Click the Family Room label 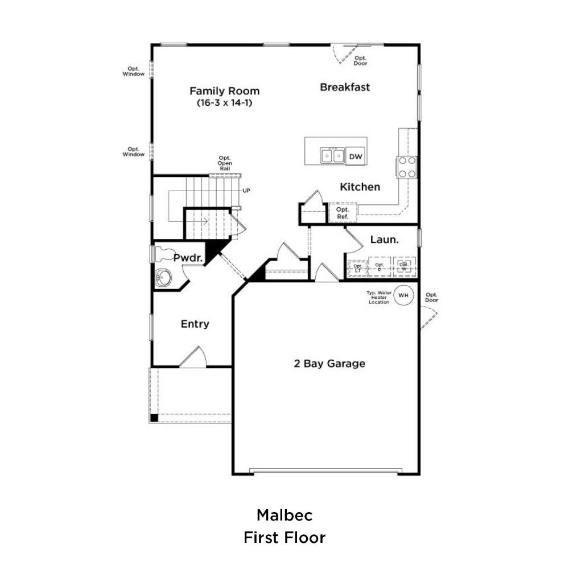point(224,91)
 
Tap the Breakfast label point(345,87)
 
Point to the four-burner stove point(407,167)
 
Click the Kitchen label point(360,187)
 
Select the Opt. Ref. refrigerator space point(343,212)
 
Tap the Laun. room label point(384,240)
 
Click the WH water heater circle point(403,295)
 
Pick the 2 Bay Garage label point(329,364)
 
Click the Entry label point(195,324)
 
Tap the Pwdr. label point(188,258)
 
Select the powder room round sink point(164,278)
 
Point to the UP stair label point(246,191)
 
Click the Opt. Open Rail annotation point(225,163)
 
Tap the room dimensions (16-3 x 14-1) point(224,103)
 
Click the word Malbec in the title point(284,516)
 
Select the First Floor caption point(284,537)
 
